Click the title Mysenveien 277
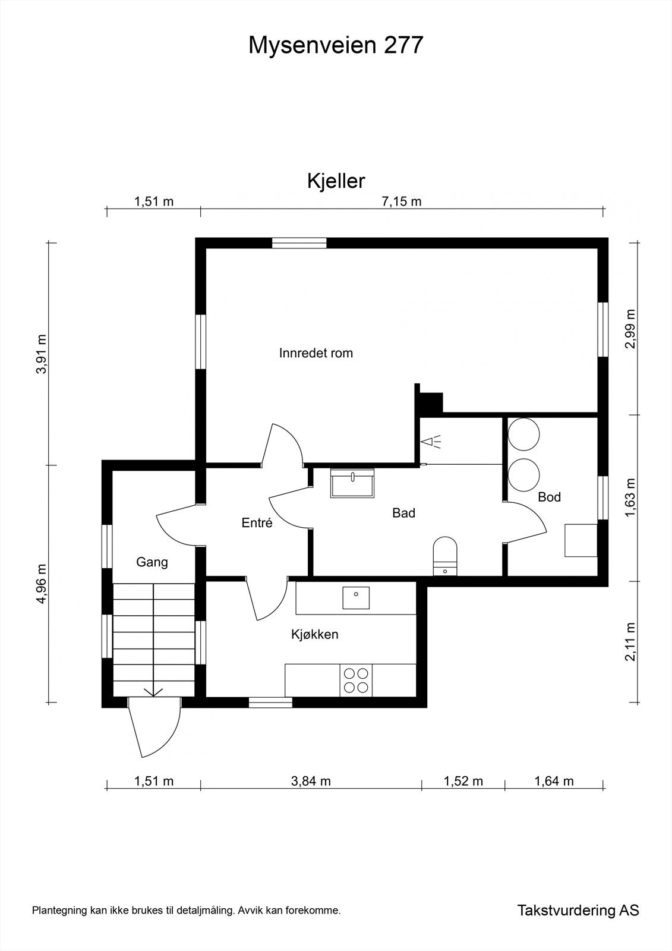tap(336, 45)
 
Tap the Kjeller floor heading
tap(336, 181)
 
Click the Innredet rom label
tap(316, 353)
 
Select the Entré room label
tap(257, 523)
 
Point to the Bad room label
tap(403, 513)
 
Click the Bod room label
tap(549, 497)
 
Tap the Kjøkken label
tap(314, 634)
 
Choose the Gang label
tap(152, 562)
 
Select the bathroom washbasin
tap(352, 482)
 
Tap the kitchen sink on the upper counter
tap(356, 597)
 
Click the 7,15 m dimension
tap(402, 201)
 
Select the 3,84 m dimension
tap(311, 781)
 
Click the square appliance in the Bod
tap(580, 540)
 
